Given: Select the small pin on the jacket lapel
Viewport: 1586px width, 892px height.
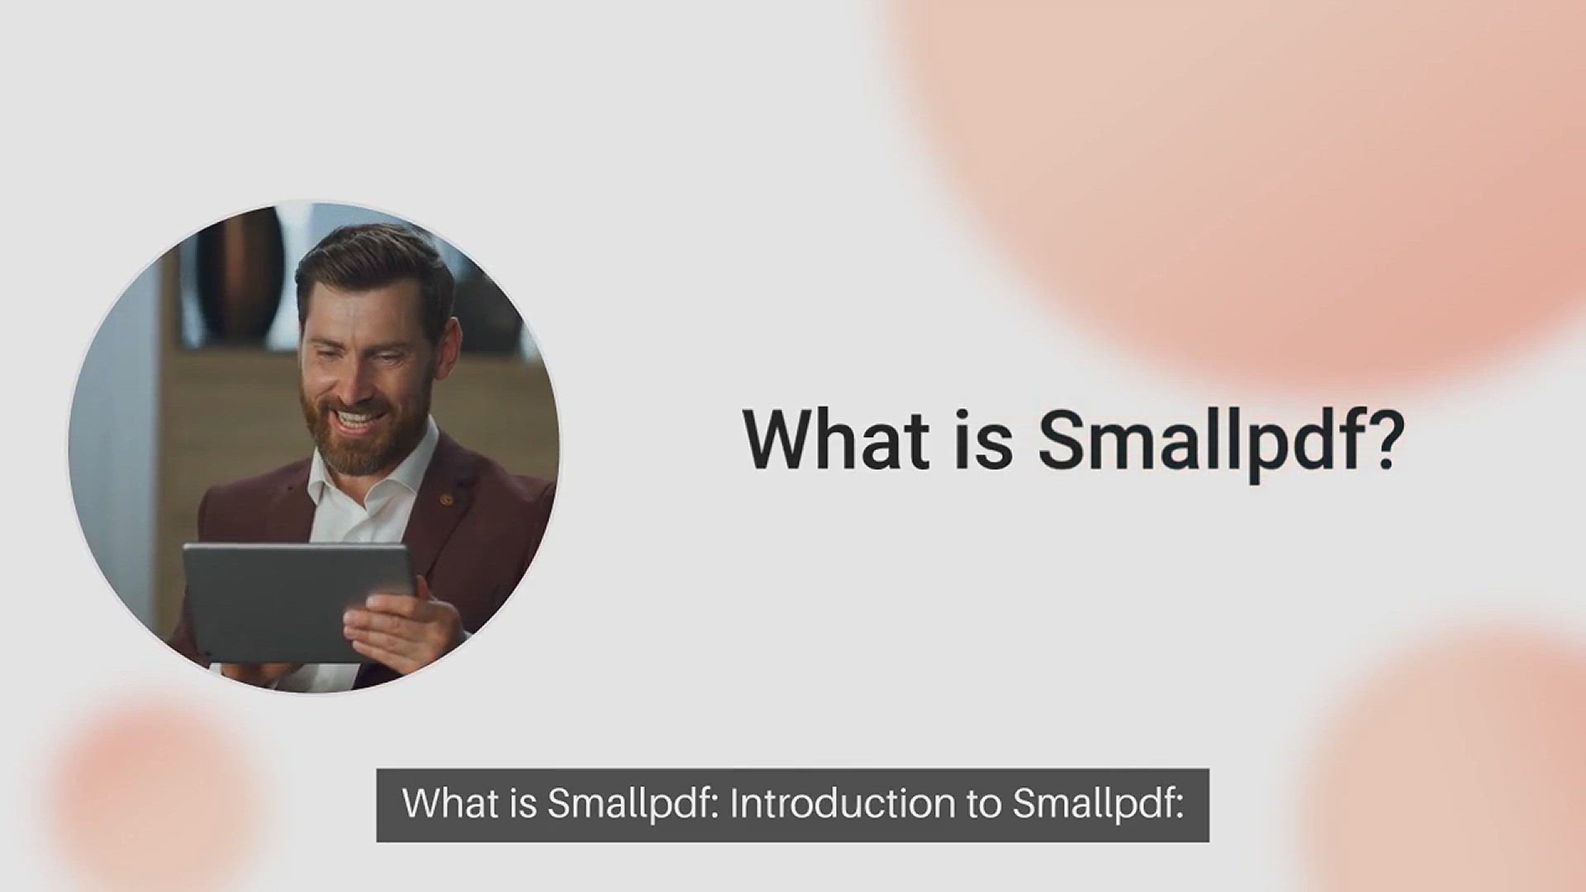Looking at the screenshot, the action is click(447, 499).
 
